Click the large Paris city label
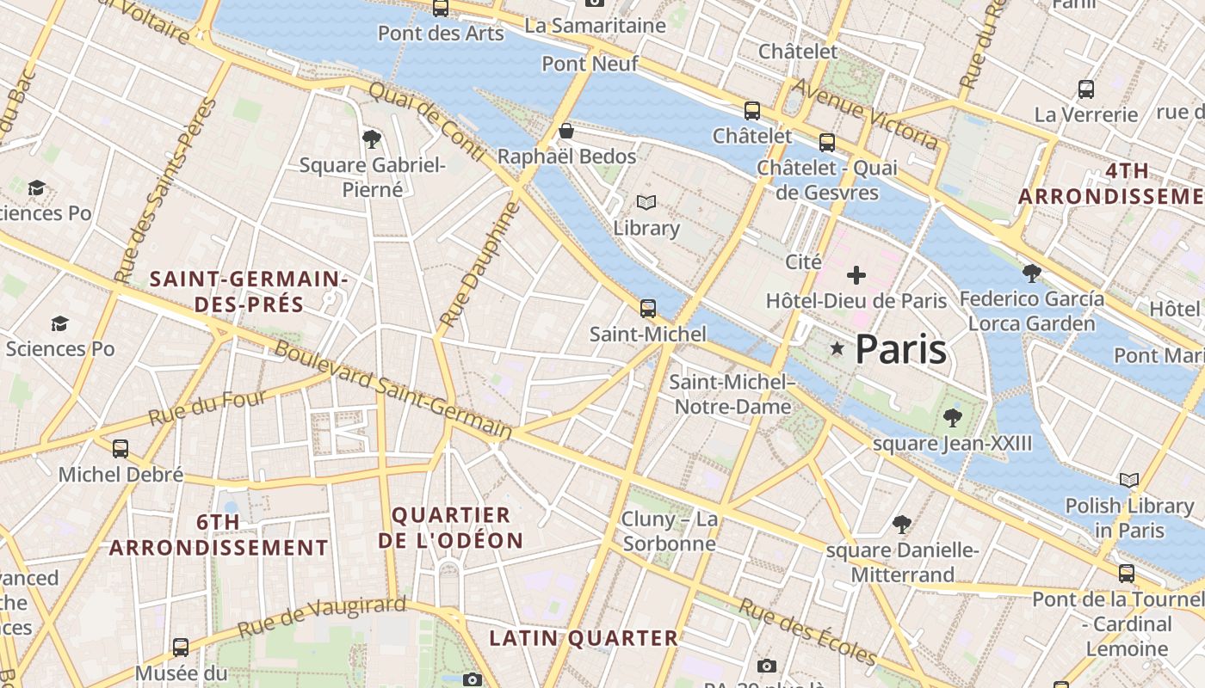900,349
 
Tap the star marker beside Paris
837,348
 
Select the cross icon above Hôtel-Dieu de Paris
856,275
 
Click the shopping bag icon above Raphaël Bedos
566,132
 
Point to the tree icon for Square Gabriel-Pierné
372,138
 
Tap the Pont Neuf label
590,64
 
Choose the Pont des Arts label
441,34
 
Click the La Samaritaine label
595,26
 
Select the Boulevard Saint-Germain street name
392,390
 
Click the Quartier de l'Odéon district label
451,527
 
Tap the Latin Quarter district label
584,638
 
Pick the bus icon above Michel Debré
120,448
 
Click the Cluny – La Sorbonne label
670,531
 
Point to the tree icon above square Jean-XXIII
952,418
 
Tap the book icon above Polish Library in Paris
1129,480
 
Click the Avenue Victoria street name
864,114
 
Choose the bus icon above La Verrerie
1086,89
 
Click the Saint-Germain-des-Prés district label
249,292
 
